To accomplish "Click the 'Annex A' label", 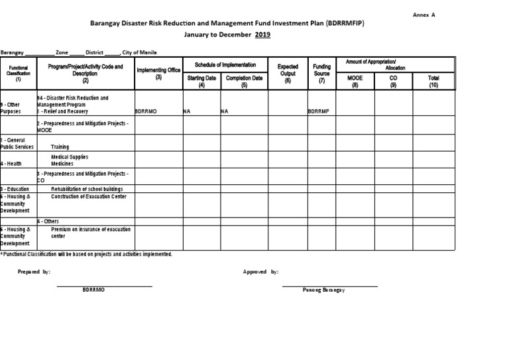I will [424, 14].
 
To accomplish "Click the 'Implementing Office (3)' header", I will [158, 73].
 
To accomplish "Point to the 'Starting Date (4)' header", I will [201, 81].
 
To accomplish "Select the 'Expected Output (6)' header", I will [287, 73].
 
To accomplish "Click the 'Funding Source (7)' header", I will [322, 73].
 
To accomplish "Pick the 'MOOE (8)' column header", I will [355, 81].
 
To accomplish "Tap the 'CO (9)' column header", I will [393, 81].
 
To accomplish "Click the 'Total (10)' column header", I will [433, 81].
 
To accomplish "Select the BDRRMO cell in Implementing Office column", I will [146, 112].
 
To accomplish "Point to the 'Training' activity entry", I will [60, 147].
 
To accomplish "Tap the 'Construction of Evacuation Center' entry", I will [89, 197].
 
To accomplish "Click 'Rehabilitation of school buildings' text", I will [87, 189].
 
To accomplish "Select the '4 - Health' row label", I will [14, 163].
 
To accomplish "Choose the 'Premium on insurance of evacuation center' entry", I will [91, 233].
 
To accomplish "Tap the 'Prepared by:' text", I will [34, 272].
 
